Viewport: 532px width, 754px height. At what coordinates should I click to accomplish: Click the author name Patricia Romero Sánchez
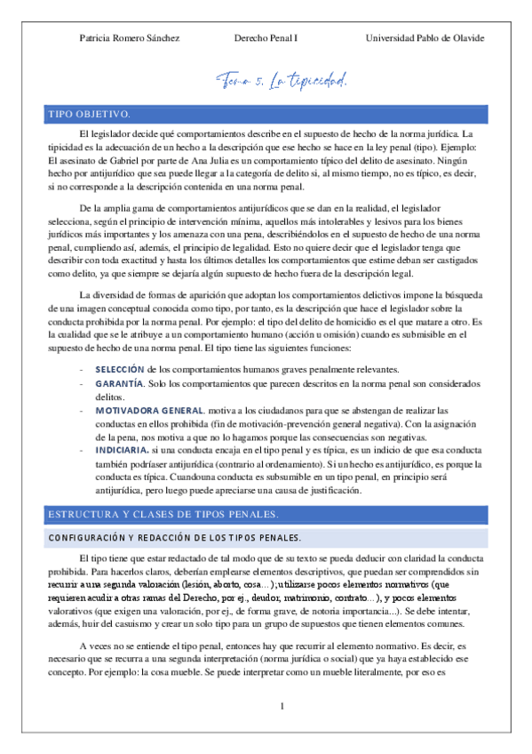[130, 38]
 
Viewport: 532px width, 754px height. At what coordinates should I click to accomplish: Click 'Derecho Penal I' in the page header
[266, 38]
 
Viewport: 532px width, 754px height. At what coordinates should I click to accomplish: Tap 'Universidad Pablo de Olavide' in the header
[425, 38]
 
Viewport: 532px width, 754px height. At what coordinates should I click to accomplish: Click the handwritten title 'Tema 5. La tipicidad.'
[284, 82]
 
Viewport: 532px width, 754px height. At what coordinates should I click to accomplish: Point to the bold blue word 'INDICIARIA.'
[122, 452]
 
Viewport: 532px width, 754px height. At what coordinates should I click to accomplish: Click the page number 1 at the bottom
[282, 707]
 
